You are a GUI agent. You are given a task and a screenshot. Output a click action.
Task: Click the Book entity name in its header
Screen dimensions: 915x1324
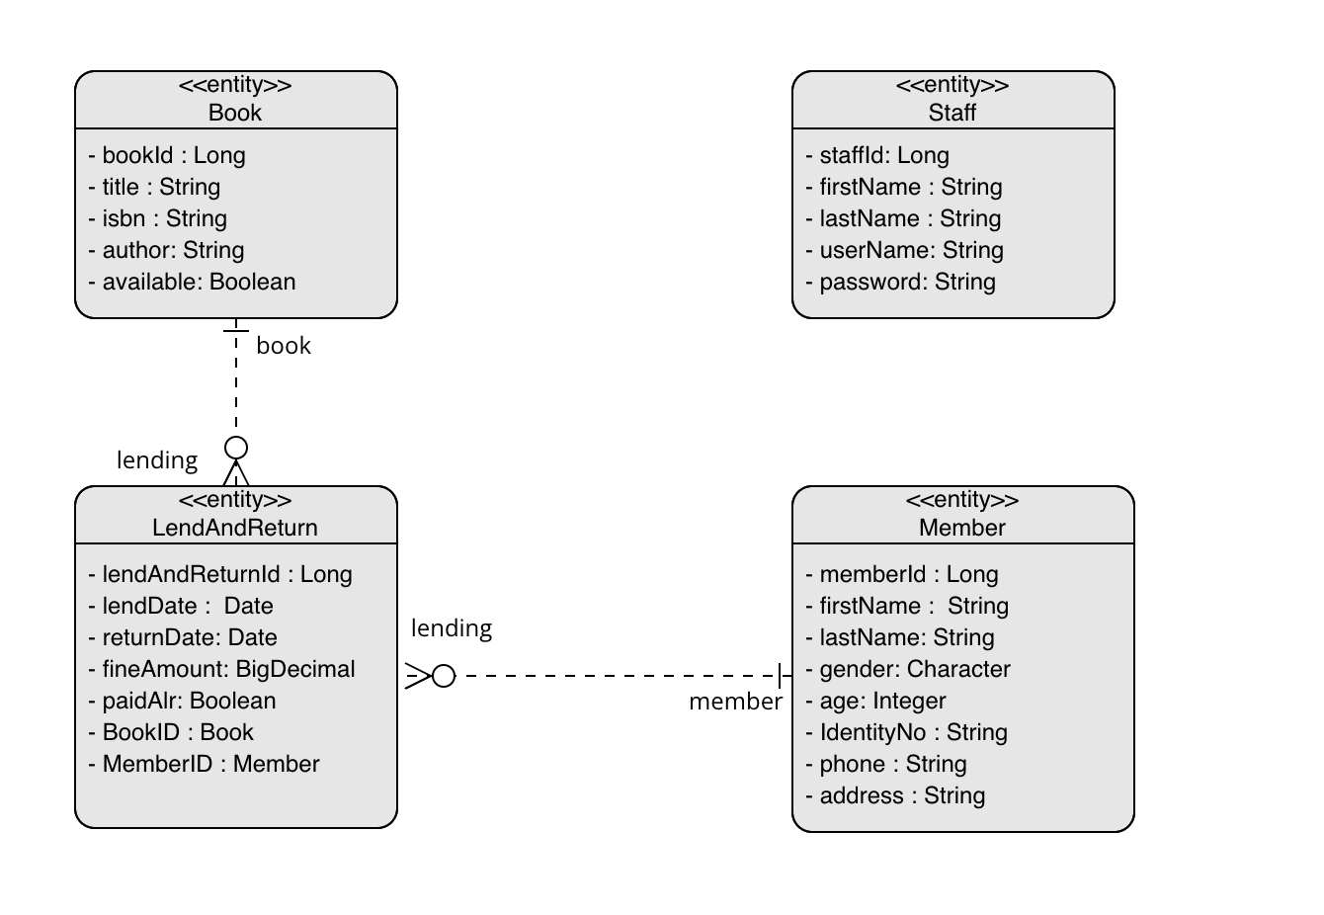click(235, 113)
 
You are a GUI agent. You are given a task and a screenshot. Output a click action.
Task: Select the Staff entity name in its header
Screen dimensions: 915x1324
click(952, 113)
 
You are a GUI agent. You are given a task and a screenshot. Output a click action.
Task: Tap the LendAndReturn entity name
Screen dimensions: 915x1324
click(235, 528)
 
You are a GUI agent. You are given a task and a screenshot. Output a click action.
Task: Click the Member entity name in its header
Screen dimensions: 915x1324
click(961, 528)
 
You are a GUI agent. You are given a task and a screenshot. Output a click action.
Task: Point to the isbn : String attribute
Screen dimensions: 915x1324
click(164, 218)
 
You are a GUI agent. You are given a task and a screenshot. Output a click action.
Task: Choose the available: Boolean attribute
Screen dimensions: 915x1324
click(199, 282)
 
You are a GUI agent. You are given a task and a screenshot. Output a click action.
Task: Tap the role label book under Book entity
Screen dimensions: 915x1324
click(284, 346)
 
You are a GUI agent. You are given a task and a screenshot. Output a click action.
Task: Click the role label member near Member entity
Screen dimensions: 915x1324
click(735, 702)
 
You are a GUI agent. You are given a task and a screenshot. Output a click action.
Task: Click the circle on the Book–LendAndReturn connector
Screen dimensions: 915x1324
click(236, 448)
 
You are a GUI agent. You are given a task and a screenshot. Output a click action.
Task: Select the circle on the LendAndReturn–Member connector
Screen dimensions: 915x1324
click(444, 676)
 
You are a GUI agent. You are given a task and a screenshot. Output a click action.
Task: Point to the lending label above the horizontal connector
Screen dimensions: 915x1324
click(452, 628)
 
